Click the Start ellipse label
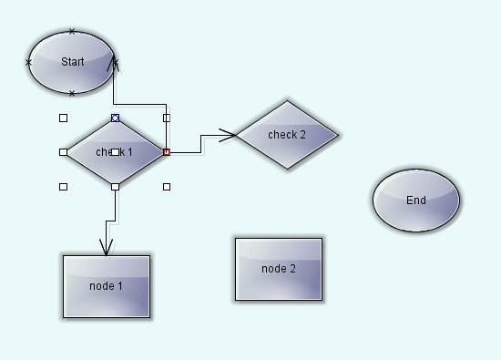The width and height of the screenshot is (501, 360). pyautogui.click(x=72, y=62)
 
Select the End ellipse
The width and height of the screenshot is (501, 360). pyautogui.click(x=416, y=201)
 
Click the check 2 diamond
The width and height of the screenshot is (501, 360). pyautogui.click(x=287, y=135)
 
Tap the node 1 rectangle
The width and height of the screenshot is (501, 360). pyautogui.click(x=107, y=286)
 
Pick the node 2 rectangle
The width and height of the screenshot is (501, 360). pyautogui.click(x=279, y=269)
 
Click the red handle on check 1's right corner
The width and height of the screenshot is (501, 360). pyautogui.click(x=166, y=152)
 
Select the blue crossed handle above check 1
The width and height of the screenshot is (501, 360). pyautogui.click(x=115, y=118)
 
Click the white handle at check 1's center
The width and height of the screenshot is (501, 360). pyautogui.click(x=115, y=151)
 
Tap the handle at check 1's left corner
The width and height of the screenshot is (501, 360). pyautogui.click(x=63, y=152)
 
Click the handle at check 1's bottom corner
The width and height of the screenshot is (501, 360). pyautogui.click(x=115, y=187)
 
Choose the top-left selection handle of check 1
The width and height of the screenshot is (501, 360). pyautogui.click(x=63, y=118)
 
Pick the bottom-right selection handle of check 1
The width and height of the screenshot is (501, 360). pyautogui.click(x=167, y=187)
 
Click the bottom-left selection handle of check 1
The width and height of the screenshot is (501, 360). pyautogui.click(x=63, y=187)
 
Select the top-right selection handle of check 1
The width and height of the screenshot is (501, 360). pyautogui.click(x=167, y=118)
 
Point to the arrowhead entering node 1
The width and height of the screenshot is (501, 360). pyautogui.click(x=107, y=248)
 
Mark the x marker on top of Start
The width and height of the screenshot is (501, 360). pyautogui.click(x=72, y=31)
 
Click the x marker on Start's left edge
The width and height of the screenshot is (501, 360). pyautogui.click(x=28, y=62)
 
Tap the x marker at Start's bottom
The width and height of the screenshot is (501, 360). pyautogui.click(x=72, y=93)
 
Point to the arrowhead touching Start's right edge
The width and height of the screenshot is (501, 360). pyautogui.click(x=115, y=65)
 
